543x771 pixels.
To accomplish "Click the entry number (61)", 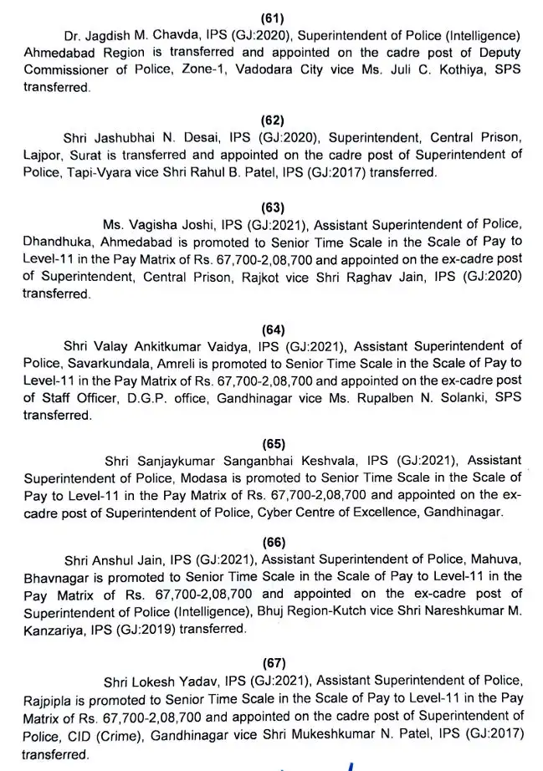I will click(272, 14).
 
